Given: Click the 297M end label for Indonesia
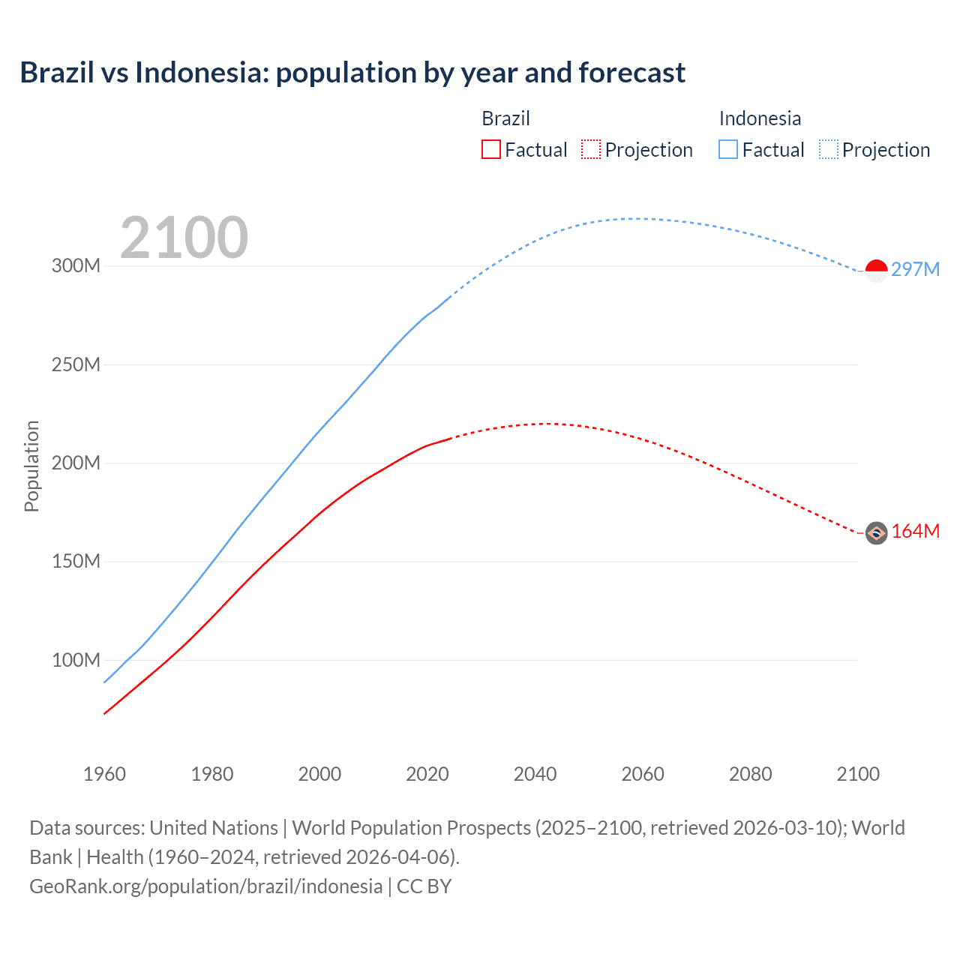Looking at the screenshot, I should pyautogui.click(x=915, y=269).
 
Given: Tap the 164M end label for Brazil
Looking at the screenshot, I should pyautogui.click(x=915, y=531).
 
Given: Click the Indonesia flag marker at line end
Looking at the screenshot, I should pyautogui.click(x=876, y=270).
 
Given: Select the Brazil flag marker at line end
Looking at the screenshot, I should pyautogui.click(x=876, y=532).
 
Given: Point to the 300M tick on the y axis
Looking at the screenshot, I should pyautogui.click(x=76, y=265).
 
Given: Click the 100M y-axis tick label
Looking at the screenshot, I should pyautogui.click(x=76, y=660).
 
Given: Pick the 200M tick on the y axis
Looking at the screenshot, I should pyautogui.click(x=76, y=463).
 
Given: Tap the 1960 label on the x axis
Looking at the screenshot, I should pyautogui.click(x=104, y=774).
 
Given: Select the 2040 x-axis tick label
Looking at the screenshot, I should pyautogui.click(x=535, y=774).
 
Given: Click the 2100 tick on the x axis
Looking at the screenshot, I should pyautogui.click(x=858, y=774).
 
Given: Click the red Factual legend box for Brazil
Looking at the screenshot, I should pyautogui.click(x=490, y=149).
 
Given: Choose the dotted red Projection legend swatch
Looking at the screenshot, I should pyautogui.click(x=591, y=149).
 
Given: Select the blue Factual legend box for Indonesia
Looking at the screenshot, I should pyautogui.click(x=728, y=149).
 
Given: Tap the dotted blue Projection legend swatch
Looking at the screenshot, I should pyautogui.click(x=829, y=149).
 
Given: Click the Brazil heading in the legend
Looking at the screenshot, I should pyautogui.click(x=505, y=118).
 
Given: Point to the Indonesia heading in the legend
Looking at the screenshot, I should pyautogui.click(x=760, y=118).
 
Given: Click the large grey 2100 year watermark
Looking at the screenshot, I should pyautogui.click(x=184, y=238).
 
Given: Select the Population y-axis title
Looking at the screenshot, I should pyautogui.click(x=31, y=466).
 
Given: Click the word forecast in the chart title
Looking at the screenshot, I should pyautogui.click(x=631, y=73).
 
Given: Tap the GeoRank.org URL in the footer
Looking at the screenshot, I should pyautogui.click(x=206, y=886).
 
